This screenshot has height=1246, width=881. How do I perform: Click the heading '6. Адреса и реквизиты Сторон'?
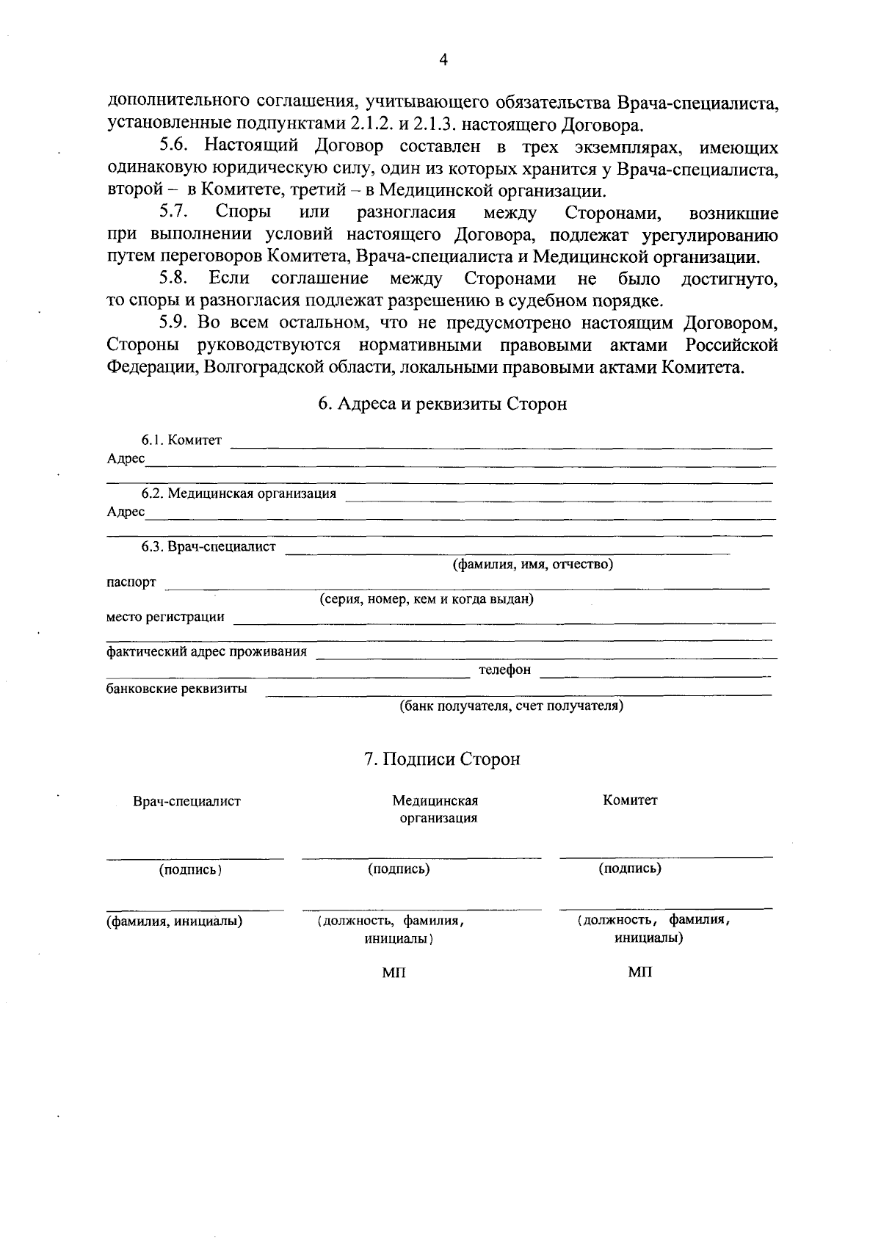click(x=442, y=404)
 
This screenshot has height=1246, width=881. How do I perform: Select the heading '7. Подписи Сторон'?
click(x=442, y=758)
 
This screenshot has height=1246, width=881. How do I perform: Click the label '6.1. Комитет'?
click(x=181, y=440)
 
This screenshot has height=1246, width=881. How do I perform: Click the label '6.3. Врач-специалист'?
click(x=209, y=547)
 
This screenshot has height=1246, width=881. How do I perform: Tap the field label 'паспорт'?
click(x=131, y=582)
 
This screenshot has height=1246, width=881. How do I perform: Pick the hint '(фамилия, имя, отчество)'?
click(x=532, y=565)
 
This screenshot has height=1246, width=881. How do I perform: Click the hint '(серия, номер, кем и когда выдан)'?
click(x=426, y=599)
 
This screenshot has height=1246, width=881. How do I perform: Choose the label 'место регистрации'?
click(x=165, y=617)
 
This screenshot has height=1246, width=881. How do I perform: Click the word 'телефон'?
click(x=504, y=670)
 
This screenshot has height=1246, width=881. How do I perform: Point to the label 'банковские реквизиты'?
click(x=176, y=689)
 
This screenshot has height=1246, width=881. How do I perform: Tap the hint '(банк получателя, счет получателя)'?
click(x=511, y=706)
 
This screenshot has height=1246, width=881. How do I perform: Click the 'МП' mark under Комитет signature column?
click(x=639, y=972)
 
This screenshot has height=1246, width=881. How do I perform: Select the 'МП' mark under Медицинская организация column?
click(x=394, y=973)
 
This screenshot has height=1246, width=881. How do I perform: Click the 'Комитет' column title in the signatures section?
click(x=630, y=800)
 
